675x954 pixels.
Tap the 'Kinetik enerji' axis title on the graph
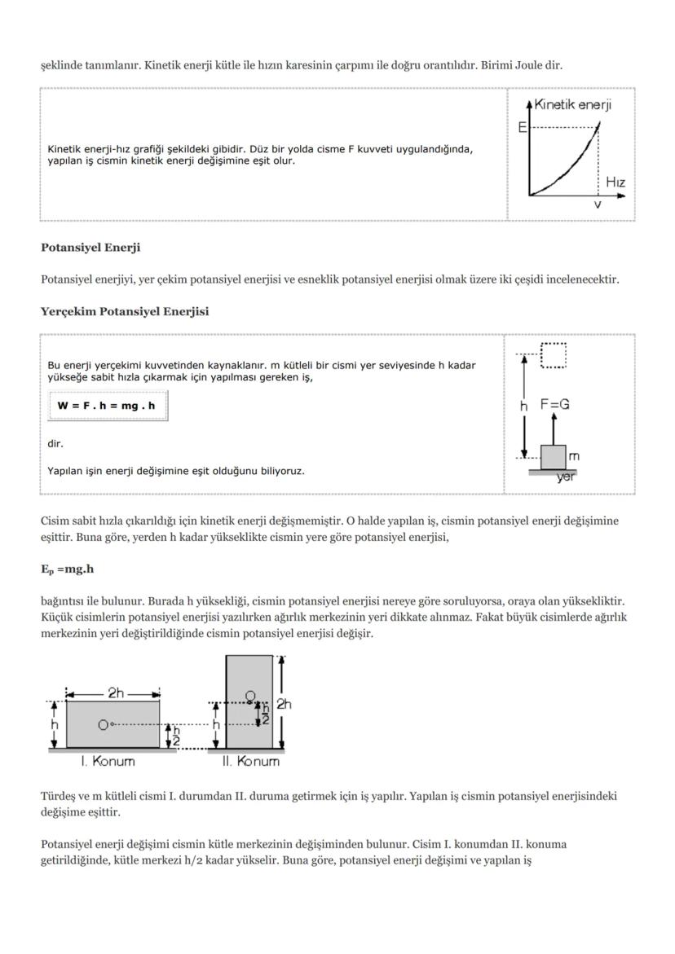[x=573, y=105]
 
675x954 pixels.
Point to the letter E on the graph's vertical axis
[x=522, y=128]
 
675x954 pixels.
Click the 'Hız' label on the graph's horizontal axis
[x=615, y=182]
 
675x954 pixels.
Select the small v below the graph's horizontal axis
[x=598, y=204]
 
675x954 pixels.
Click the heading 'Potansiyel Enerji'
[x=90, y=248]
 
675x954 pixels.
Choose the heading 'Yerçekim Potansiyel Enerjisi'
[x=125, y=311]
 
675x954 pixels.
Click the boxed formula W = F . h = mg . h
[x=107, y=405]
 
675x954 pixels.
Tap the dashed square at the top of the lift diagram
[x=554, y=355]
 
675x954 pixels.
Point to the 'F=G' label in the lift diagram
[x=555, y=404]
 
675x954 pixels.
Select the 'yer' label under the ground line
[x=565, y=477]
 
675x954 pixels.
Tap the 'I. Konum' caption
[x=108, y=762]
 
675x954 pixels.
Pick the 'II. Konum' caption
[x=250, y=762]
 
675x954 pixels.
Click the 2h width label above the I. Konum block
[x=116, y=692]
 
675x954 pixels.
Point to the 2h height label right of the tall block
[x=284, y=704]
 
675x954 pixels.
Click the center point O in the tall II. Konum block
[x=251, y=696]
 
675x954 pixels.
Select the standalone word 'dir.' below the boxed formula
[x=55, y=444]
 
